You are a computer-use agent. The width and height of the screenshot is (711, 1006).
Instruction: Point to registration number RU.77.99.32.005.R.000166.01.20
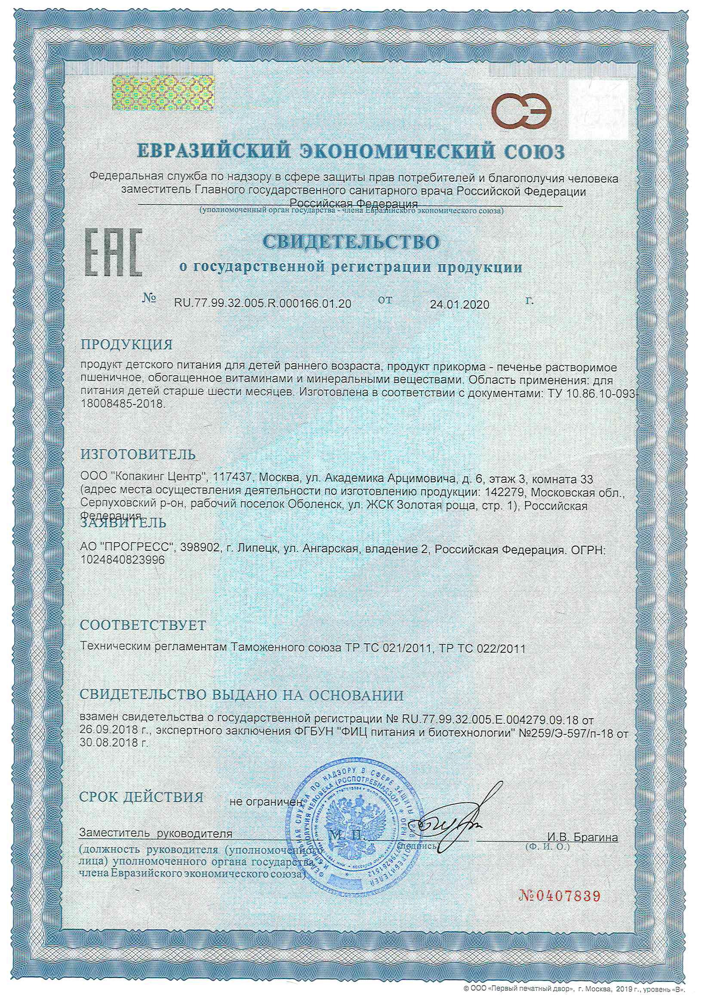coord(262,304)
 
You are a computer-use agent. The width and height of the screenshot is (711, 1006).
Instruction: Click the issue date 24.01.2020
coord(459,305)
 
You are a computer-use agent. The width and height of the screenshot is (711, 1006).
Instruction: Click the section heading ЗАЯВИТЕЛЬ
coord(123,523)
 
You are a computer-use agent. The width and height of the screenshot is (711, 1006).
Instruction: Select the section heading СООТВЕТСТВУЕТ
coord(143,625)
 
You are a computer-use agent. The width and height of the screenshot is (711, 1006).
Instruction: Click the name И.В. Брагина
coord(582,838)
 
